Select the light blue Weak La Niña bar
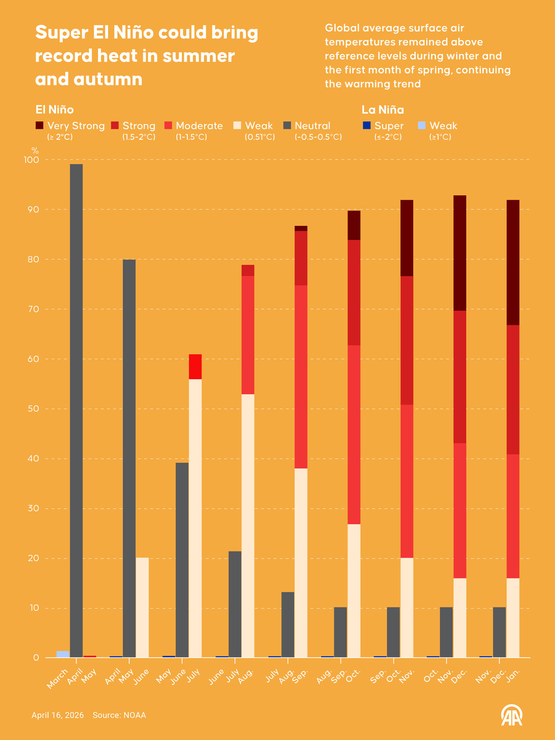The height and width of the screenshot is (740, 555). click(x=63, y=654)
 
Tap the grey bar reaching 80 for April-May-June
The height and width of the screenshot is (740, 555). click(x=129, y=458)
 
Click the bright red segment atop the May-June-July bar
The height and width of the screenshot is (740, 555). click(x=195, y=367)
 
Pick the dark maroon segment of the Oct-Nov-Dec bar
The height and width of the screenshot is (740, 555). click(x=460, y=253)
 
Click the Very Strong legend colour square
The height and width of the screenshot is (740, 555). click(x=40, y=126)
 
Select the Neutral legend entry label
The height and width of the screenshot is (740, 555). click(x=312, y=126)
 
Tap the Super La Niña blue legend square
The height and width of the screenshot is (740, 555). click(x=366, y=126)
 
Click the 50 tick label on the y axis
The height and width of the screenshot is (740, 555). click(x=33, y=409)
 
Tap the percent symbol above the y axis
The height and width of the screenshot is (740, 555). click(x=35, y=150)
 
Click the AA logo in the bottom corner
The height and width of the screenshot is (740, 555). click(x=511, y=716)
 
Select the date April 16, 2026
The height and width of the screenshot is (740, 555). click(x=57, y=715)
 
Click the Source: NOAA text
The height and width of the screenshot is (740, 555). click(x=119, y=715)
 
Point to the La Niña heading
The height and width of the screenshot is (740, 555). click(x=383, y=110)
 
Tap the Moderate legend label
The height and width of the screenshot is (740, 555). click(x=199, y=126)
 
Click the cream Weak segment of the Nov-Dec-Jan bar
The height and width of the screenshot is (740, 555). click(x=513, y=618)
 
